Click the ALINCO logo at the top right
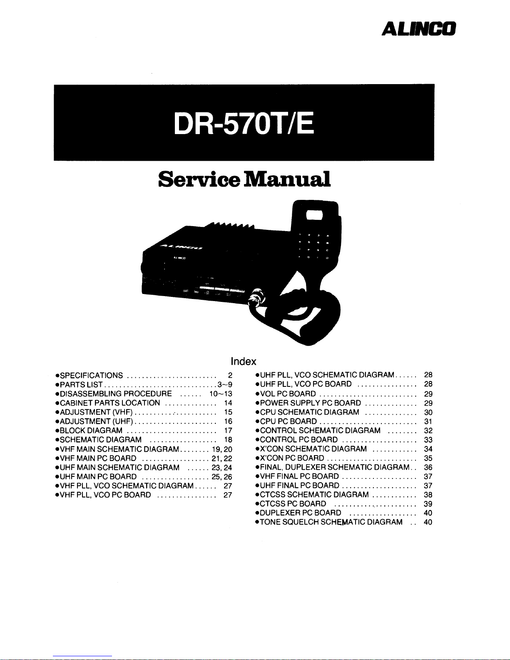[419, 29]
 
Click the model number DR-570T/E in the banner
[244, 123]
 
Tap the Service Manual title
[244, 179]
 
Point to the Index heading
[243, 361]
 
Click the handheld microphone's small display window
[314, 215]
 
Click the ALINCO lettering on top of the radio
[181, 247]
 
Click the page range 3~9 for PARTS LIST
[225, 384]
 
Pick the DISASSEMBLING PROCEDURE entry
[114, 394]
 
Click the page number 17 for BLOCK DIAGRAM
[228, 431]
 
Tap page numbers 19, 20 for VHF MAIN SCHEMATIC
[222, 449]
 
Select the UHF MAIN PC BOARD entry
[96, 476]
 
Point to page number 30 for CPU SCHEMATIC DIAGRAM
[428, 412]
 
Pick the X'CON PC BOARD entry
[290, 458]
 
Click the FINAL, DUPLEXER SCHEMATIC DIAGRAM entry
[332, 467]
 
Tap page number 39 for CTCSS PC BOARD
[428, 504]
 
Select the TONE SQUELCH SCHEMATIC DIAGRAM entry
[329, 522]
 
